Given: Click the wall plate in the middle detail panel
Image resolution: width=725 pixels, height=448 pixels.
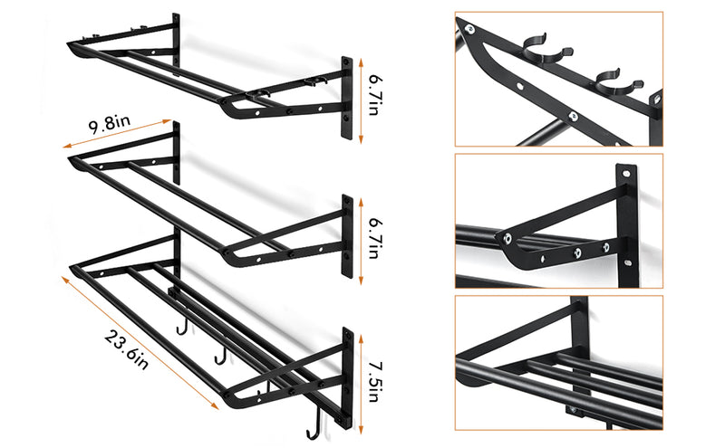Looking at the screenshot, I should tap(624, 222).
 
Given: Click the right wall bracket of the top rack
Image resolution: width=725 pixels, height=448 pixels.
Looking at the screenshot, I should tap(347, 98).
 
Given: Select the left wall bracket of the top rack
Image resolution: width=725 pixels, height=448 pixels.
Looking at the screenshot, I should tap(176, 36).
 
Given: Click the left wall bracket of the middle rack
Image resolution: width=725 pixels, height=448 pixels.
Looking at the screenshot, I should tap(176, 149).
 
